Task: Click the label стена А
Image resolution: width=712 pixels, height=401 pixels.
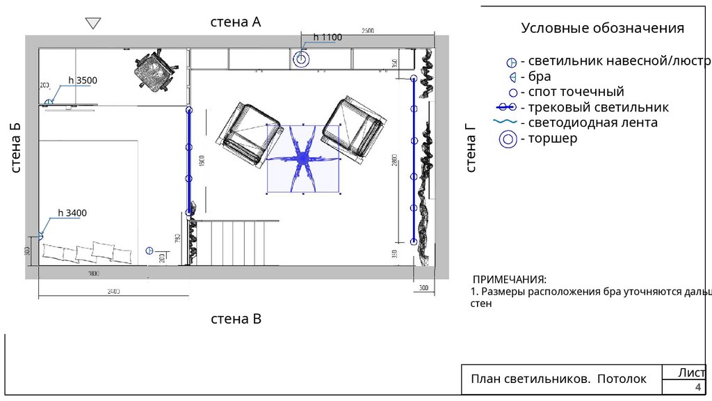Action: [x=236, y=22]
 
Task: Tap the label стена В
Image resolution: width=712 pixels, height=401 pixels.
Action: [x=236, y=320]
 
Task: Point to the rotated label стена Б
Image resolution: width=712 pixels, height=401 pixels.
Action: [x=15, y=148]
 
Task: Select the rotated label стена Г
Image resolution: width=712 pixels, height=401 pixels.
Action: [x=471, y=148]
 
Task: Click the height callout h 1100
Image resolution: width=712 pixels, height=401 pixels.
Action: [x=327, y=37]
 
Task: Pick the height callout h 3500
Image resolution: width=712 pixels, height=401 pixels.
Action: [x=83, y=81]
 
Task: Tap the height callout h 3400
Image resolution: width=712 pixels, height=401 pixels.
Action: [x=72, y=213]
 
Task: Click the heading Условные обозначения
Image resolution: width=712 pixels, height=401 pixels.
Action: [x=603, y=29]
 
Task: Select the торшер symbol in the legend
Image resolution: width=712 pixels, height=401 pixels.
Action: [x=509, y=139]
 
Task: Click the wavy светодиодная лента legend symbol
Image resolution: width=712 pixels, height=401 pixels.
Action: [x=505, y=123]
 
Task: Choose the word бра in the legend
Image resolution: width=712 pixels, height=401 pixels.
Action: [x=540, y=77]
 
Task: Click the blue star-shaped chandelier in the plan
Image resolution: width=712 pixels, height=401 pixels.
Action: [x=303, y=159]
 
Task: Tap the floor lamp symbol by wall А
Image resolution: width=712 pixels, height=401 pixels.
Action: [x=301, y=60]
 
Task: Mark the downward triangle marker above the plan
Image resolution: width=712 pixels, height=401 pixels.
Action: [x=93, y=24]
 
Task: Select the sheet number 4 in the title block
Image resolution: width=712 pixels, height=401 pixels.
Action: [x=697, y=388]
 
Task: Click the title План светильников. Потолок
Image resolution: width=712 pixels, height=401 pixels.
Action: [x=558, y=379]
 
